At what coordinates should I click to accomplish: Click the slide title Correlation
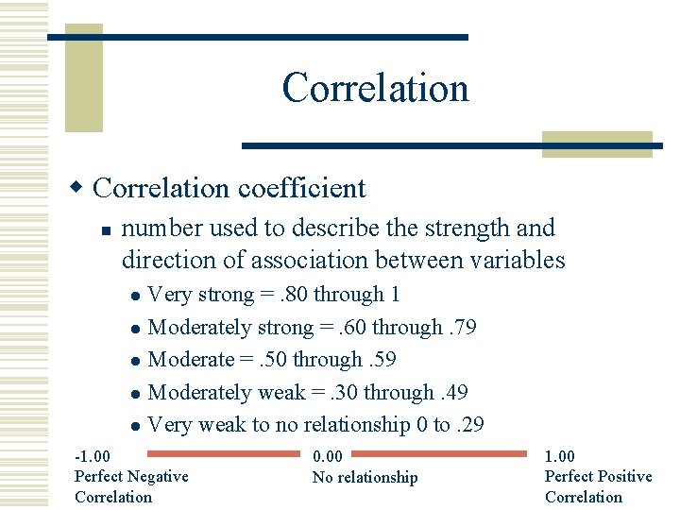tap(375, 88)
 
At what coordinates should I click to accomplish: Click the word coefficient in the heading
tap(301, 188)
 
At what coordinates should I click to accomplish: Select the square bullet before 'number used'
tap(108, 229)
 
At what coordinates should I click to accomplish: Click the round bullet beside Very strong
tap(135, 297)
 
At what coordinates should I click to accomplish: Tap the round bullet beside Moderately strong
tap(135, 330)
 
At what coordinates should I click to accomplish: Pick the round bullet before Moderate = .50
tap(135, 362)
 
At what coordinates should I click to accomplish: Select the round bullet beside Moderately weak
tap(135, 394)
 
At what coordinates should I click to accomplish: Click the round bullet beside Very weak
tap(135, 427)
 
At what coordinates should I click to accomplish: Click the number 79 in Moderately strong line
tap(464, 327)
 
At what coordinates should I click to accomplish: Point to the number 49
tap(456, 392)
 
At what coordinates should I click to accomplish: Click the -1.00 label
tap(93, 456)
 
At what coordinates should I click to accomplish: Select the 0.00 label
tap(327, 456)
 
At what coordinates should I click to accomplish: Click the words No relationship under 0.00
tap(365, 477)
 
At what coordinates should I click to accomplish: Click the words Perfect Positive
tap(598, 476)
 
